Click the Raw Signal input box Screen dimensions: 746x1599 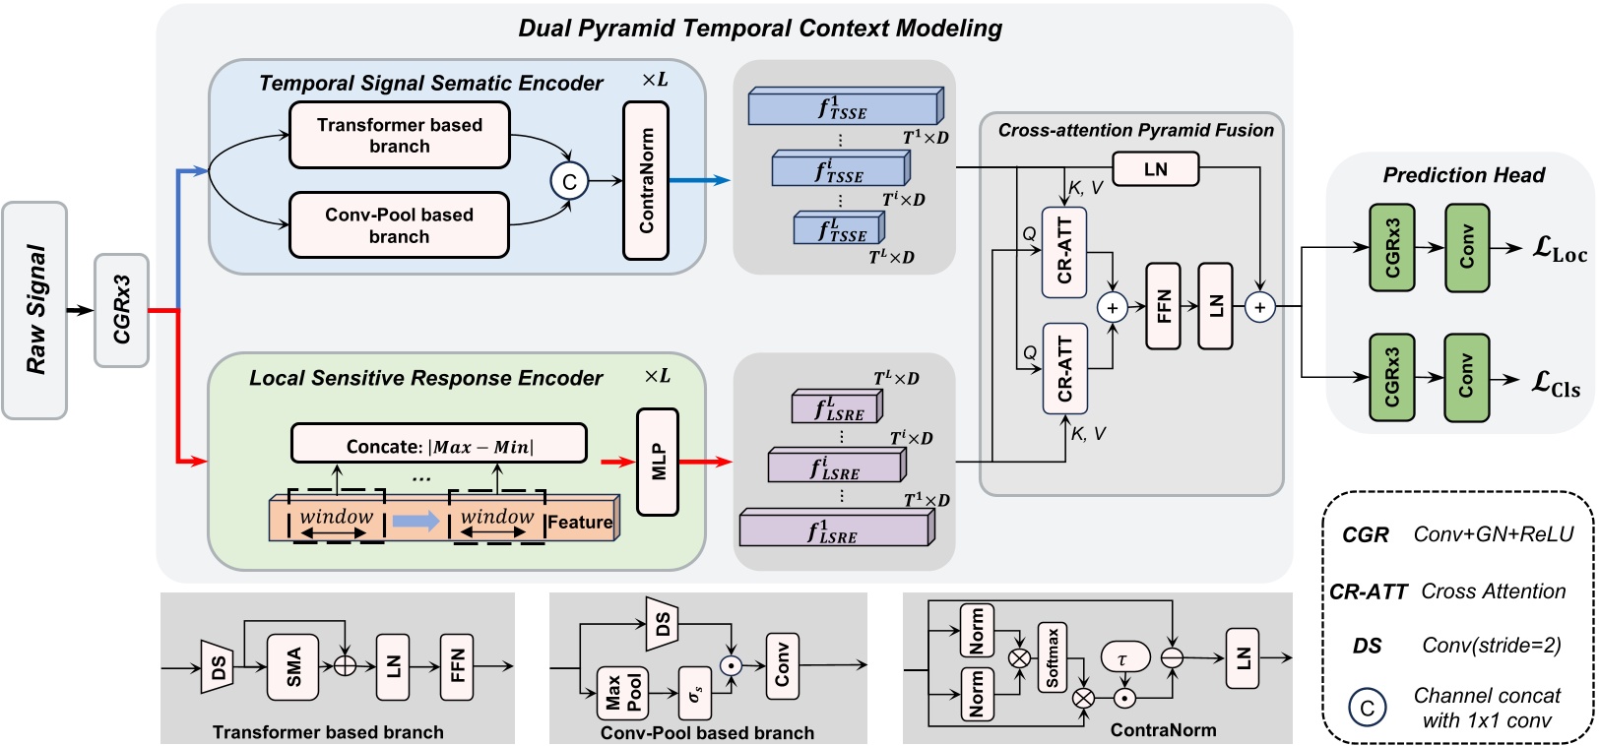34,310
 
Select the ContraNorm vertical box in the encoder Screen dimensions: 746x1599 646,180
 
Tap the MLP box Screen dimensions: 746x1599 658,462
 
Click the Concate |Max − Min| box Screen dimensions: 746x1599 439,444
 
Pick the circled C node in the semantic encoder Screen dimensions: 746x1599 569,181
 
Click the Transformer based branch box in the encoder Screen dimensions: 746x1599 399,135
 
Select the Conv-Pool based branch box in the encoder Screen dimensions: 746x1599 399,224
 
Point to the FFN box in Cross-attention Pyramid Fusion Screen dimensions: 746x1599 1163,306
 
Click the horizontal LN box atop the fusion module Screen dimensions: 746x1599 1156,169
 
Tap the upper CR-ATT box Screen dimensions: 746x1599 1064,252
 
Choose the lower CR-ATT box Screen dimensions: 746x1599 1064,368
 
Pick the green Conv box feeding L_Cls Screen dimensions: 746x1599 1466,377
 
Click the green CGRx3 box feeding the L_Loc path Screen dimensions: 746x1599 1391,248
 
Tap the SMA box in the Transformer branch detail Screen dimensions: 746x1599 293,666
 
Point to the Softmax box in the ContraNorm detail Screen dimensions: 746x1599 1052,656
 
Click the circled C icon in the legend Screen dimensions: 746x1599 1367,707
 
